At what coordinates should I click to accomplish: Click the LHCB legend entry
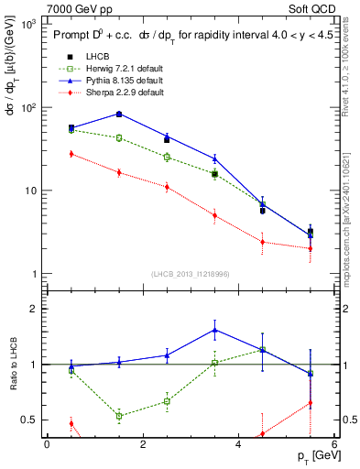(x=85, y=57)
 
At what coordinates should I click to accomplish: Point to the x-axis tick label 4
(x=238, y=444)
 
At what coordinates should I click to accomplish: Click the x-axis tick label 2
(x=142, y=444)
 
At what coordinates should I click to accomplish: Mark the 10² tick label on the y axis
(x=28, y=108)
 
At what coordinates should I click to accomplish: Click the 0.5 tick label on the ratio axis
(x=28, y=420)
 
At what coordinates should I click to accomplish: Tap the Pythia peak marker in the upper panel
(x=119, y=114)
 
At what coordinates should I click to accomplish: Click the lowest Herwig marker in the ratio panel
(x=119, y=416)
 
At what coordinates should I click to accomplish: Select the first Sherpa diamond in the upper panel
(x=71, y=154)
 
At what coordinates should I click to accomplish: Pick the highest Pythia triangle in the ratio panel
(x=214, y=330)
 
